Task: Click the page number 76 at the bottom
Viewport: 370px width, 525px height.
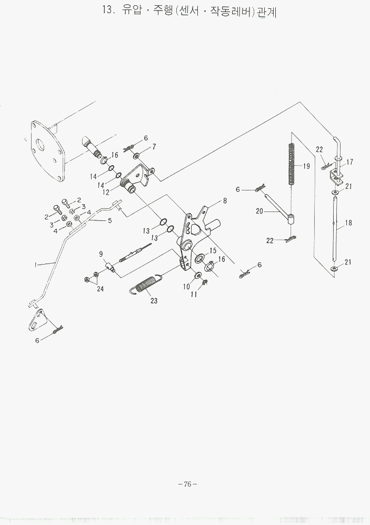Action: click(x=187, y=484)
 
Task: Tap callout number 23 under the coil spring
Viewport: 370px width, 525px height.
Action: click(x=154, y=301)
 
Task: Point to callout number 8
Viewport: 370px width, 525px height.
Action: click(x=225, y=200)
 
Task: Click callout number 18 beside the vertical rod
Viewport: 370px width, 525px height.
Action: click(x=348, y=223)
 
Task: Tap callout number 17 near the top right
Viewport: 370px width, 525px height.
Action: click(x=350, y=162)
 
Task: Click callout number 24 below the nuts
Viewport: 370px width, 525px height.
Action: click(x=101, y=289)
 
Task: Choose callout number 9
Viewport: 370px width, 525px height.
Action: click(x=101, y=254)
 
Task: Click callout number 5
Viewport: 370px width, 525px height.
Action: click(x=109, y=220)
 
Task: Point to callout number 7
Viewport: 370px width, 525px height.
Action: click(x=154, y=147)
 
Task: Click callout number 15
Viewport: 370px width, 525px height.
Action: click(x=213, y=250)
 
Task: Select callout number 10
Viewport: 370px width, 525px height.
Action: click(x=186, y=287)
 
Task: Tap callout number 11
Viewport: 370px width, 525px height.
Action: click(x=193, y=295)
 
